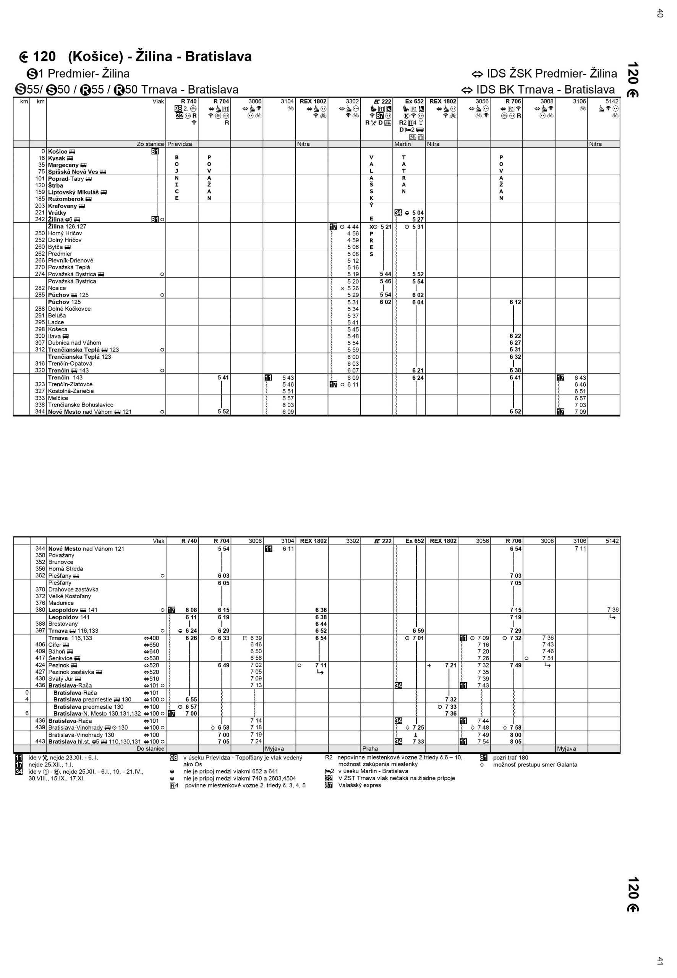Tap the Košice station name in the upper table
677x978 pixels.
[58, 151]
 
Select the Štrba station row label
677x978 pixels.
[55, 185]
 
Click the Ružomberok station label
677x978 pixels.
[66, 199]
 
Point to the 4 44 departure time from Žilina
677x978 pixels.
[353, 227]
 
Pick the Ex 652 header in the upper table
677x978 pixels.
[414, 101]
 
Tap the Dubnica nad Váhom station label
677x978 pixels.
[74, 343]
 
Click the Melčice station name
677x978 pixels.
[58, 398]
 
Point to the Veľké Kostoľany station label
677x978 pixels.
[70, 596]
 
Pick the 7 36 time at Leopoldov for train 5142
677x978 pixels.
[612, 610]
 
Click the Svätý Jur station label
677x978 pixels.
[61, 678]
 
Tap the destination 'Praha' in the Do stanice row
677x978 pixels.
[370, 748]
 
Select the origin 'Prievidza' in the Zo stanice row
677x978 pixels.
[180, 144]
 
